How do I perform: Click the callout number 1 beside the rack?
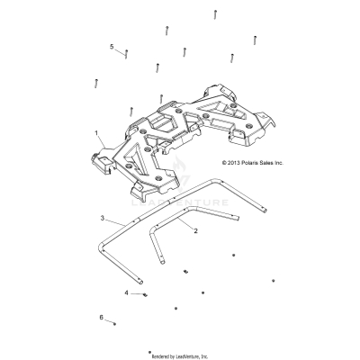tap(96, 132)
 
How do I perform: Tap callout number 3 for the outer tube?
tap(103, 219)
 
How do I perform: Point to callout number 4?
tap(126, 292)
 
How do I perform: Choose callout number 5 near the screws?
tap(112, 46)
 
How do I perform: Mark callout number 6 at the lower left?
tap(102, 317)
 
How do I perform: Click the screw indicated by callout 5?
tap(128, 55)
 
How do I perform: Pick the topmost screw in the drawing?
tap(217, 13)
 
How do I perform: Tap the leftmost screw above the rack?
tap(95, 83)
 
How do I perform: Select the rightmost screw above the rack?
tap(256, 37)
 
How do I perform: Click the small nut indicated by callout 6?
tap(115, 322)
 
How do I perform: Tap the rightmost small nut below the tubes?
tap(273, 280)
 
